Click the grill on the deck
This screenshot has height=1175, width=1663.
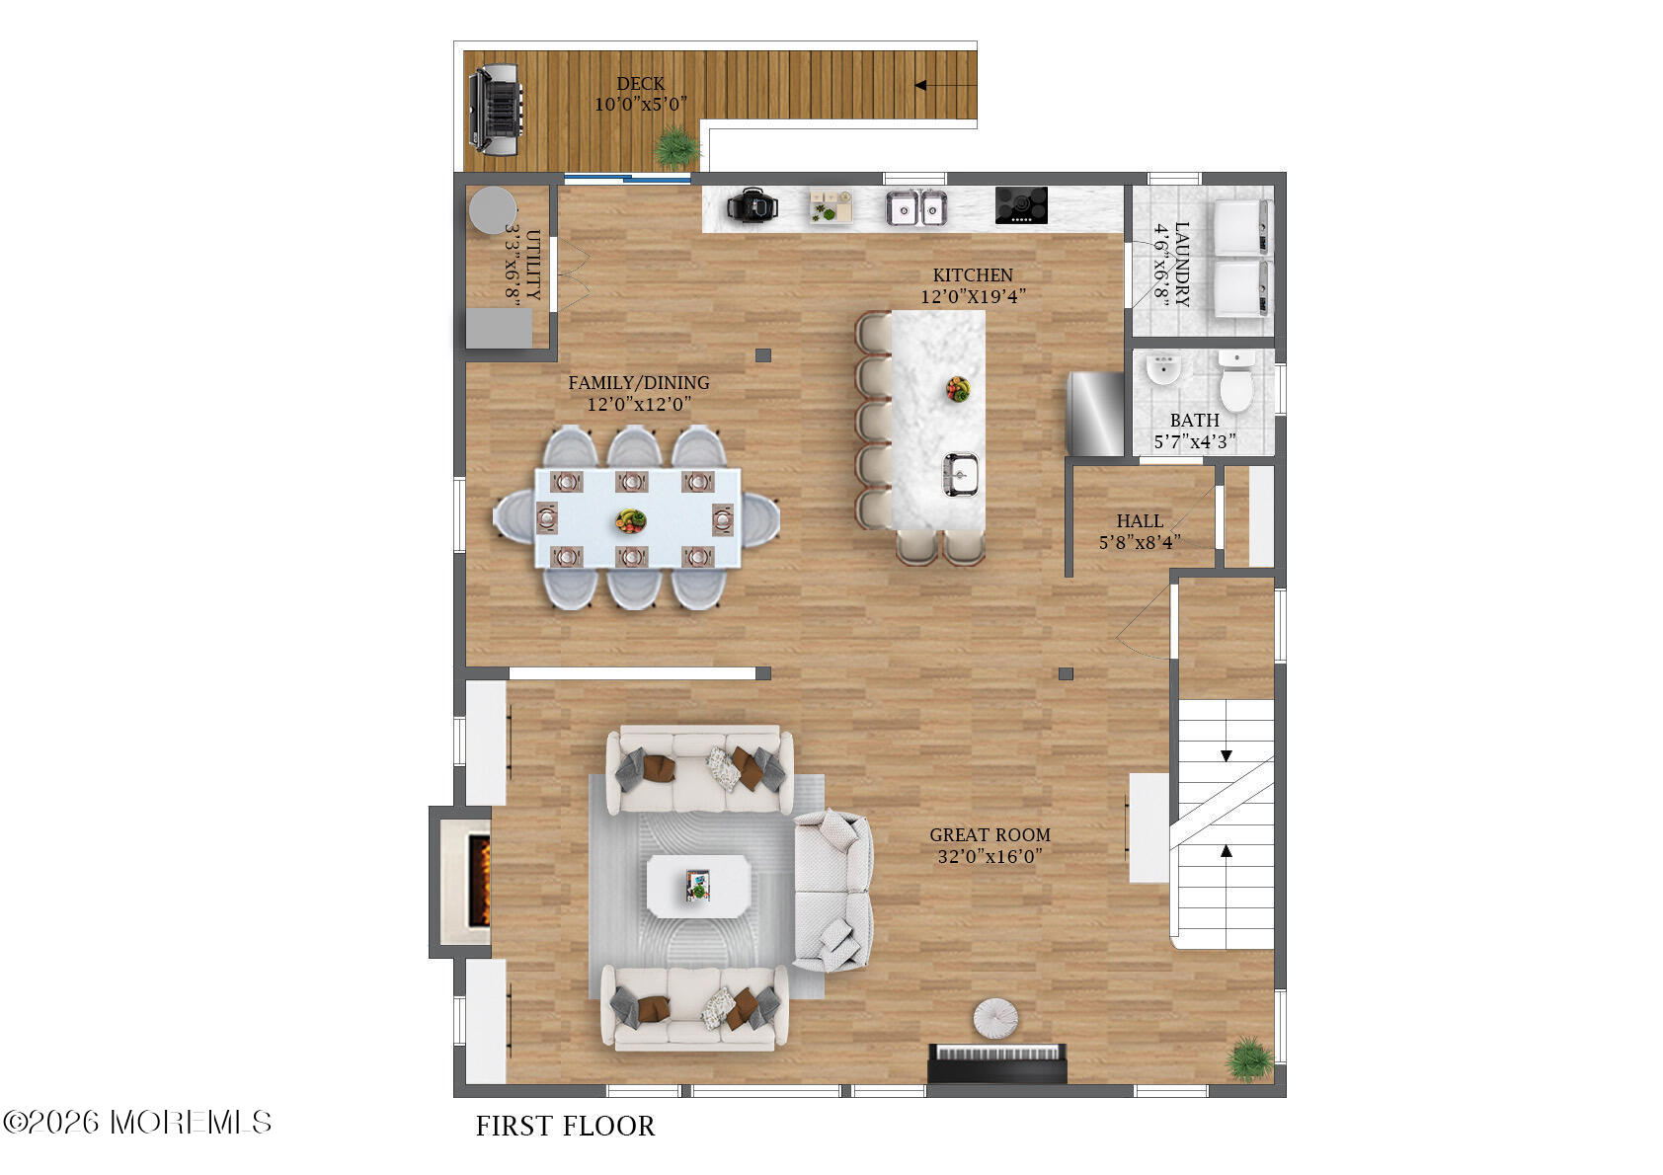pos(495,110)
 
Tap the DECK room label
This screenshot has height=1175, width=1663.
pos(641,84)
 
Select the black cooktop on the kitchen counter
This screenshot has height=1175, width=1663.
pos(1021,204)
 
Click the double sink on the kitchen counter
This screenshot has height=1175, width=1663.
pos(916,207)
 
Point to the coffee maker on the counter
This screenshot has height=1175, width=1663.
pos(752,204)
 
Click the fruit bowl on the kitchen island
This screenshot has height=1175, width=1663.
pos(957,389)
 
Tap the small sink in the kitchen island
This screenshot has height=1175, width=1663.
pos(960,474)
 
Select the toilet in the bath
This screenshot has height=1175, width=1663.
pos(1236,381)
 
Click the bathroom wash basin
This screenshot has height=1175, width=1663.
pos(1163,369)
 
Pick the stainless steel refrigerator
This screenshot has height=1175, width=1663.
pos(1095,414)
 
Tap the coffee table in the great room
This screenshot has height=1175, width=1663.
pos(698,887)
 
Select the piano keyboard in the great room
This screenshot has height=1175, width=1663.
pos(997,1062)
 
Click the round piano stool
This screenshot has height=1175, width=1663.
pos(995,1018)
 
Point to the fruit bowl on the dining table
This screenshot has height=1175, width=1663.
pos(630,520)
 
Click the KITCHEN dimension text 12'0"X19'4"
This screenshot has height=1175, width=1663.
pos(973,296)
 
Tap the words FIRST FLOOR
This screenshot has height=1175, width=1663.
pos(566,1126)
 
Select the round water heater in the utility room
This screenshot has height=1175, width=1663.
pos(492,210)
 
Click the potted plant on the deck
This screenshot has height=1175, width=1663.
pos(676,147)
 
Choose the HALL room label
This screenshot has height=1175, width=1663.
pos(1140,521)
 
